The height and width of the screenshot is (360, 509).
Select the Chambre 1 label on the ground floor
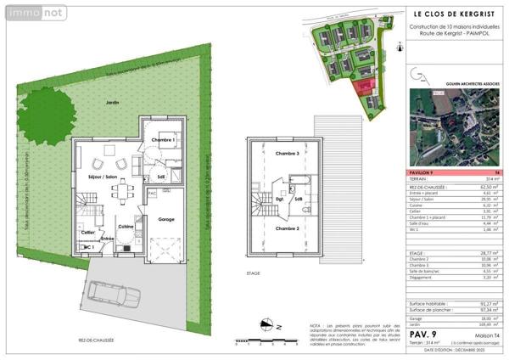(x=162, y=139)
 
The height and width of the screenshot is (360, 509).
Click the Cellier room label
(x=87, y=231)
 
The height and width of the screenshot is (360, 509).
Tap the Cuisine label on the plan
(x=126, y=226)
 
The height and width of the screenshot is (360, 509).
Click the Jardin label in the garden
(x=113, y=102)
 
